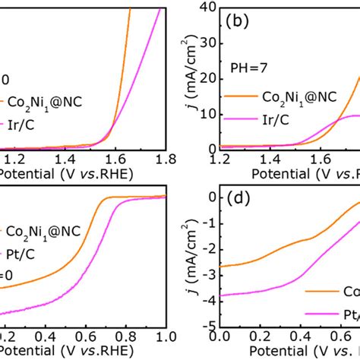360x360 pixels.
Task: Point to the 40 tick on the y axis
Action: [205, 7]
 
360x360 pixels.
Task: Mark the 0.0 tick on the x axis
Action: [219, 335]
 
